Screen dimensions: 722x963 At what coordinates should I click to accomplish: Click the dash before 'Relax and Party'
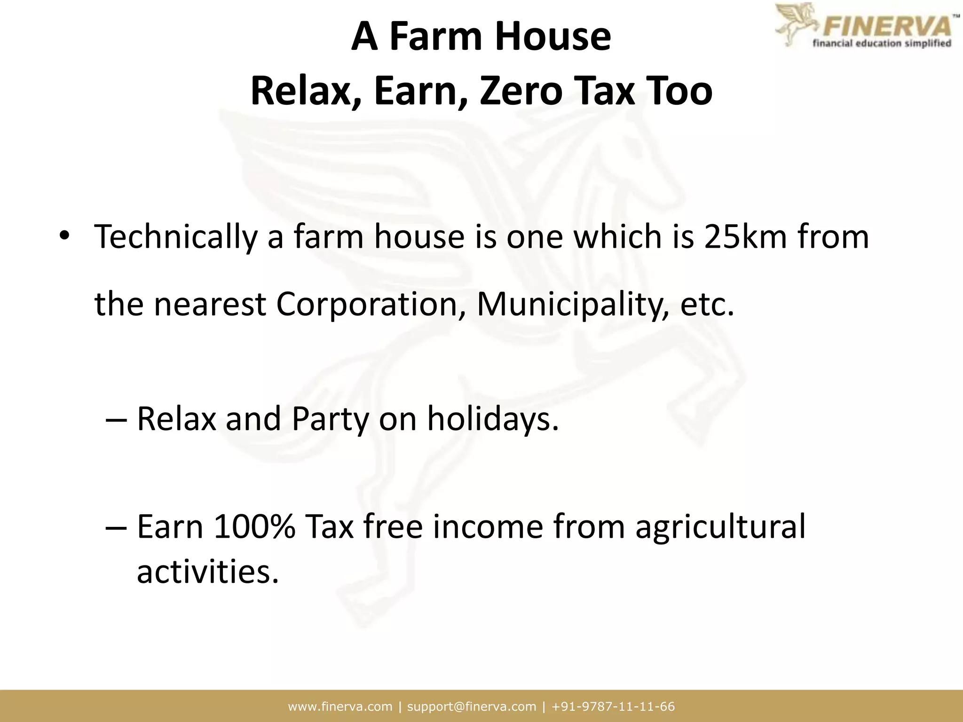click(x=116, y=419)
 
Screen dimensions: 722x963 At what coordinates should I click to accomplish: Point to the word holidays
click(x=493, y=418)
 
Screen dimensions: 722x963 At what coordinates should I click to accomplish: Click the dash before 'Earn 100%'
click(x=116, y=526)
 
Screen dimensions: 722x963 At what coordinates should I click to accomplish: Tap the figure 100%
click(x=254, y=526)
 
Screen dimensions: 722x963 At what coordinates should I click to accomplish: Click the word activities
click(x=207, y=572)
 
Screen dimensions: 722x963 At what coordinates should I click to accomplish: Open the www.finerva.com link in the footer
click(x=340, y=706)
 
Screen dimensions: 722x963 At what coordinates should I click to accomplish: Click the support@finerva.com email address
click(x=472, y=706)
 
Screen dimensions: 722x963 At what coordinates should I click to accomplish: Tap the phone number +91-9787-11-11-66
click(x=614, y=706)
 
